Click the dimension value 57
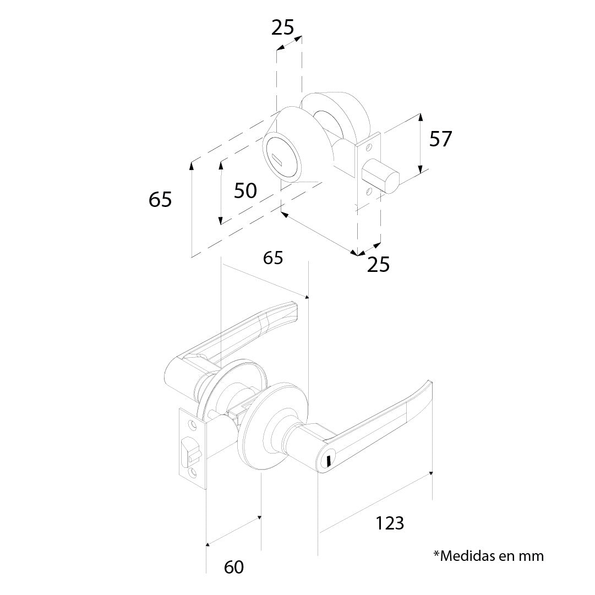tap(440, 139)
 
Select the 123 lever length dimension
tap(390, 523)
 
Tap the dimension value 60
tap(234, 567)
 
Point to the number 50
tap(245, 191)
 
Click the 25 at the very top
tap(283, 27)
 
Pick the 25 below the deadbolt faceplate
tap(378, 265)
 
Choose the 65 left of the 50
tap(160, 200)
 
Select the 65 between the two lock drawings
tap(273, 257)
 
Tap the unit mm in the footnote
tap(532, 555)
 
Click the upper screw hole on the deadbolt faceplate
tap(369, 148)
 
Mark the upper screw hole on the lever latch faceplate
tap(192, 424)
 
